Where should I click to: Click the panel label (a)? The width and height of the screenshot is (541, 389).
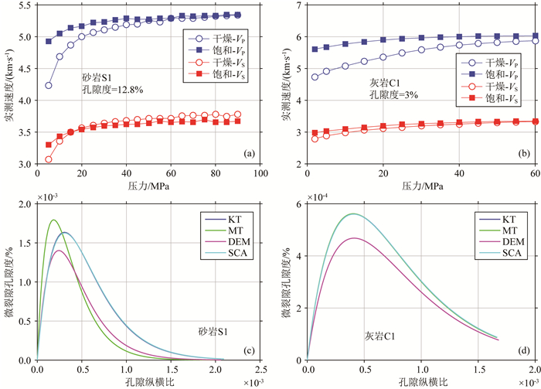249,154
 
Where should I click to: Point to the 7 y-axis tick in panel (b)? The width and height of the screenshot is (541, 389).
298,5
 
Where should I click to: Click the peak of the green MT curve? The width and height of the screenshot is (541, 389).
53,220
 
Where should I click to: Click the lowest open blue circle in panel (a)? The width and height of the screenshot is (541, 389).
49,85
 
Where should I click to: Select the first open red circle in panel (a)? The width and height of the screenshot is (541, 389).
49,159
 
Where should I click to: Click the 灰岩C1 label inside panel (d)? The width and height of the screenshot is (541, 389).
382,336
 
